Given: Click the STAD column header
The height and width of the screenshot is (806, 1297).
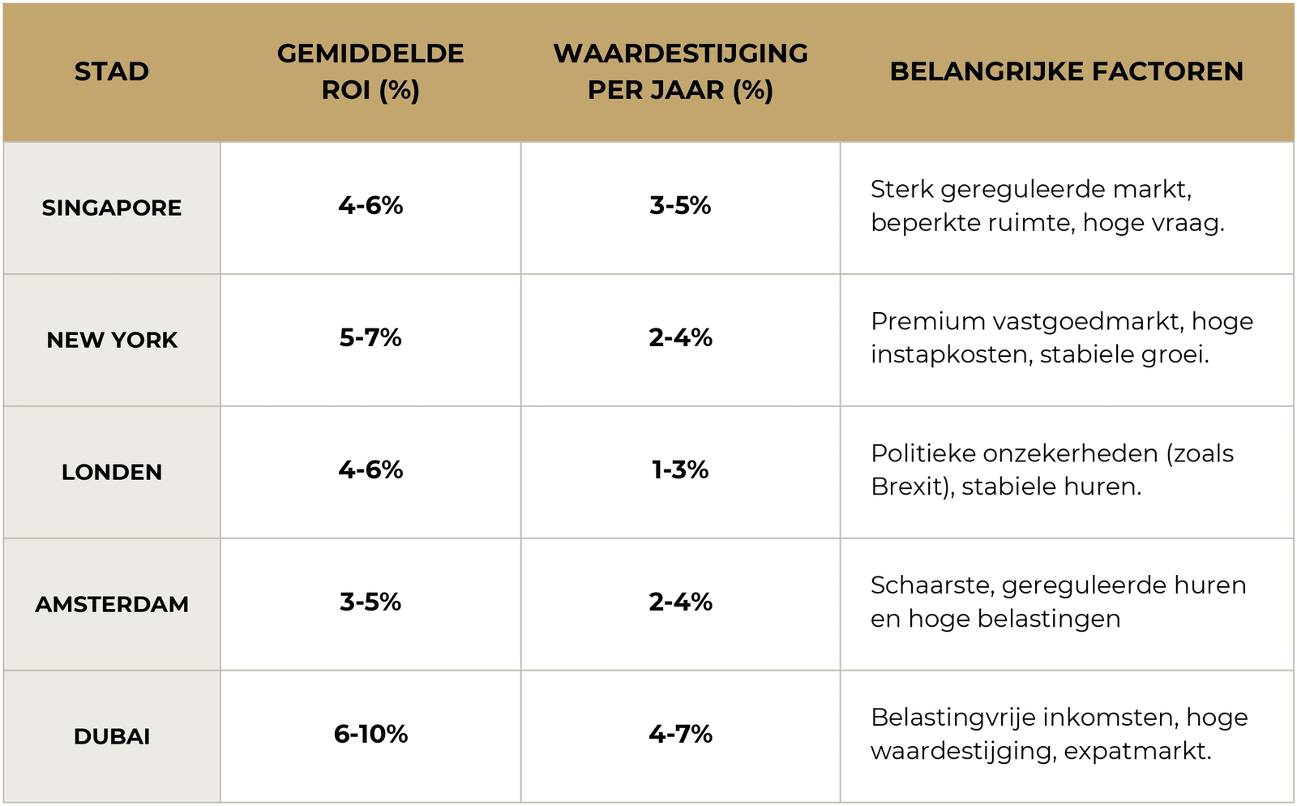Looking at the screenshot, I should pos(112,71).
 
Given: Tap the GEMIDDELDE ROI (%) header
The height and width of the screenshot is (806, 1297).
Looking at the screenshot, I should pos(370,71).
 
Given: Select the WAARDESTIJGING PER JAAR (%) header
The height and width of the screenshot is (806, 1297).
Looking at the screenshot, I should pos(680,71).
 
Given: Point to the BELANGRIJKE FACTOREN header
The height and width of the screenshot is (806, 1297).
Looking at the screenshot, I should pos(1066,71).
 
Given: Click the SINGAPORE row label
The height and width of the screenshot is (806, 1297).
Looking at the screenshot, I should pos(112,208).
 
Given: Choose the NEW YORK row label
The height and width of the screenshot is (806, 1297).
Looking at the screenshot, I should pos(112,340).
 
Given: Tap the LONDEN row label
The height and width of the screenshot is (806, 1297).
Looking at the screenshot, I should pos(112,472).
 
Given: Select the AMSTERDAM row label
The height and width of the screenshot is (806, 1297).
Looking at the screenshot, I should pos(112,604).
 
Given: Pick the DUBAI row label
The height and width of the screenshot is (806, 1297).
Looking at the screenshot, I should pos(112,736).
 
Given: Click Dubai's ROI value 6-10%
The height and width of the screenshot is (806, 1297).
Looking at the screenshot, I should pos(370,734).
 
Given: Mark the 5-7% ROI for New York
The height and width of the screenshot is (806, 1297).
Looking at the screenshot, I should pos(370,337).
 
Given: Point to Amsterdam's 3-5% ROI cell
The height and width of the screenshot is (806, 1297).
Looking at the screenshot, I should pos(370,602).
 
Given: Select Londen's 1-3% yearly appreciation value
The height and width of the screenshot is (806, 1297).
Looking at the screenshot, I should pos(680,469).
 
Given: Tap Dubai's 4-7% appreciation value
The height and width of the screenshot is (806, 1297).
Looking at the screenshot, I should pos(680,734).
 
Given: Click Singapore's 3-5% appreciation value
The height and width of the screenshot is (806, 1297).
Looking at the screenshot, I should pos(680,205).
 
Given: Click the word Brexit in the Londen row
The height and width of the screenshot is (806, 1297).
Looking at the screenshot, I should pos(907,487).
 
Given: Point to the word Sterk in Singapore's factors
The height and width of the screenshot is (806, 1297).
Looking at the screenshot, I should pos(901,190).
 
